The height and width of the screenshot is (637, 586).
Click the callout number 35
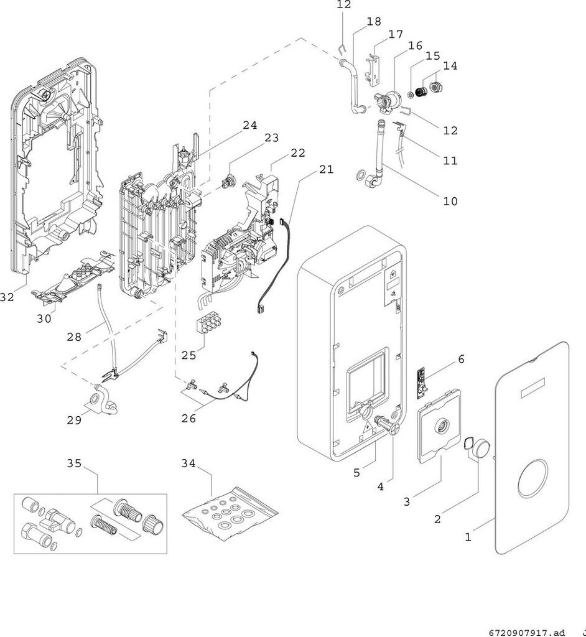(74, 463)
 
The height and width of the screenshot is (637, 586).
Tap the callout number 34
(189, 463)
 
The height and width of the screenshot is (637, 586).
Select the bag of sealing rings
(229, 511)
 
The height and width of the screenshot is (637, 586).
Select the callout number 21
(327, 170)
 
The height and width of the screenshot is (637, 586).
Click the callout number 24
(249, 125)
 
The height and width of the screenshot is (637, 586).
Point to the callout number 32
(7, 297)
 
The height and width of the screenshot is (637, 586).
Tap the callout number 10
(450, 201)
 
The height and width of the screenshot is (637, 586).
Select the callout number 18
(374, 22)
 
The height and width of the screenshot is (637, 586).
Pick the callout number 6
(461, 359)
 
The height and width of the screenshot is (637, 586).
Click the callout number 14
(450, 65)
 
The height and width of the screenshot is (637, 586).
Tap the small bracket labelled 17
(376, 65)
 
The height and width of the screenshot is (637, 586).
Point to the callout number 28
(74, 337)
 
